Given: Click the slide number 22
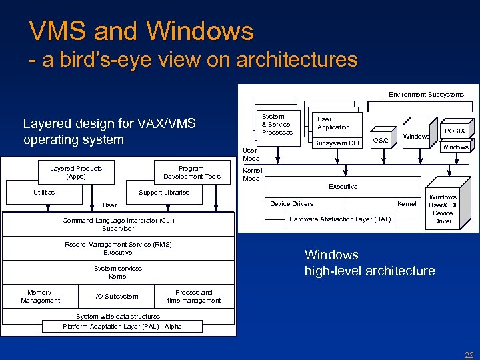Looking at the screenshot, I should [469, 354].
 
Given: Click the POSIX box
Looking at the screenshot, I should [455, 131].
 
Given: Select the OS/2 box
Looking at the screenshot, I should [380, 140].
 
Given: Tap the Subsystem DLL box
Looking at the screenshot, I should [337, 143].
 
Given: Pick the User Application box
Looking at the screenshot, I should [334, 123].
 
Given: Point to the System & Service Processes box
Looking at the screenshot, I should [277, 124].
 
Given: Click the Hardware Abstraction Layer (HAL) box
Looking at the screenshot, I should [340, 219].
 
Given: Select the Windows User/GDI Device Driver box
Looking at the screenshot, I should [443, 209].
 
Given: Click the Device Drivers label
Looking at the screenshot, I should [291, 203].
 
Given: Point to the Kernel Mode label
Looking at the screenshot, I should [251, 175].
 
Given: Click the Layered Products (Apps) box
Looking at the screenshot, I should [76, 172].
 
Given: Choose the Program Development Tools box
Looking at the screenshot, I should [191, 172].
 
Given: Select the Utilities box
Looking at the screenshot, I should [44, 193].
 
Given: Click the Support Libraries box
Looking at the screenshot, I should [164, 193].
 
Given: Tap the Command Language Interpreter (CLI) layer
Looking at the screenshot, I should [119, 224].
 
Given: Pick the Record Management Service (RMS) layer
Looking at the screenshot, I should [119, 249].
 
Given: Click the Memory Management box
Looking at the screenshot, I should [40, 297].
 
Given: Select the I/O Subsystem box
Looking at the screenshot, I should [117, 297].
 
